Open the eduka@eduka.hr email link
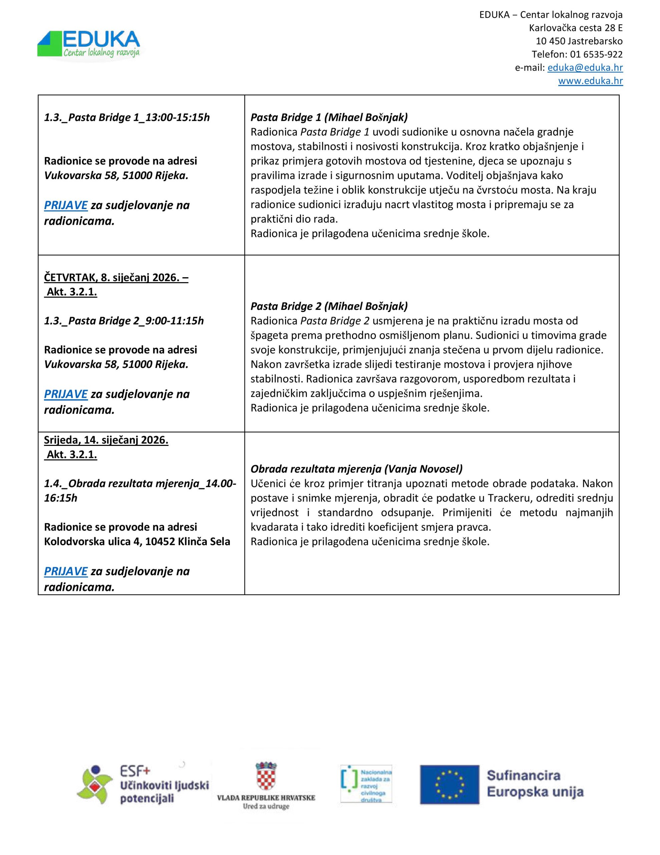pyautogui.click(x=585, y=68)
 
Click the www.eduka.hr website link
pyautogui.click(x=590, y=81)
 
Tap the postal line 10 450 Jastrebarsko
pyautogui.click(x=579, y=41)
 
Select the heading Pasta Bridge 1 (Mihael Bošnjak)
pyautogui.click(x=329, y=117)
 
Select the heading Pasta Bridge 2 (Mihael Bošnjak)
pyautogui.click(x=329, y=306)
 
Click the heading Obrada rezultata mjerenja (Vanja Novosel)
pyautogui.click(x=356, y=469)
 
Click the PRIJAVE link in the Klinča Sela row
pyautogui.click(x=65, y=571)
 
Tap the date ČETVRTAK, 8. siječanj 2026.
pyautogui.click(x=116, y=278)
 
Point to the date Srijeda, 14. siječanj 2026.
pyautogui.click(x=106, y=441)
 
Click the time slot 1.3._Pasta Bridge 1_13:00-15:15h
pyautogui.click(x=127, y=118)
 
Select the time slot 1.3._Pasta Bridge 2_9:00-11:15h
pyautogui.click(x=124, y=321)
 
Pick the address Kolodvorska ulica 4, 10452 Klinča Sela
pyautogui.click(x=137, y=542)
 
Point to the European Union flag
pyautogui.click(x=449, y=785)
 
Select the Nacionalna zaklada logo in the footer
pyautogui.click(x=366, y=784)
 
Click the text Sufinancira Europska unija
pyautogui.click(x=535, y=784)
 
